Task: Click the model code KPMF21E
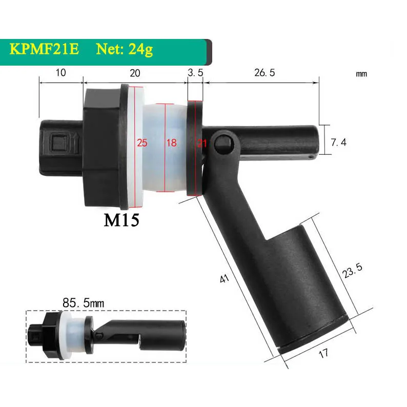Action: [44, 50]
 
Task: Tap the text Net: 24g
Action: [123, 50]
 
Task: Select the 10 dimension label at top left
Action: [60, 73]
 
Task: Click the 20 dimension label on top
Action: [134, 73]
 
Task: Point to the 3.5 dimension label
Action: [195, 73]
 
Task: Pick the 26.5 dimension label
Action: [264, 73]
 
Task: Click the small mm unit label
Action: [361, 74]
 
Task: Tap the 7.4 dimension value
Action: [338, 143]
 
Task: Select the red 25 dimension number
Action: [142, 143]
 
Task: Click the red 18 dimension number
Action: [171, 143]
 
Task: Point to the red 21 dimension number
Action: [201, 143]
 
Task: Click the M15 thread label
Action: [121, 220]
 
